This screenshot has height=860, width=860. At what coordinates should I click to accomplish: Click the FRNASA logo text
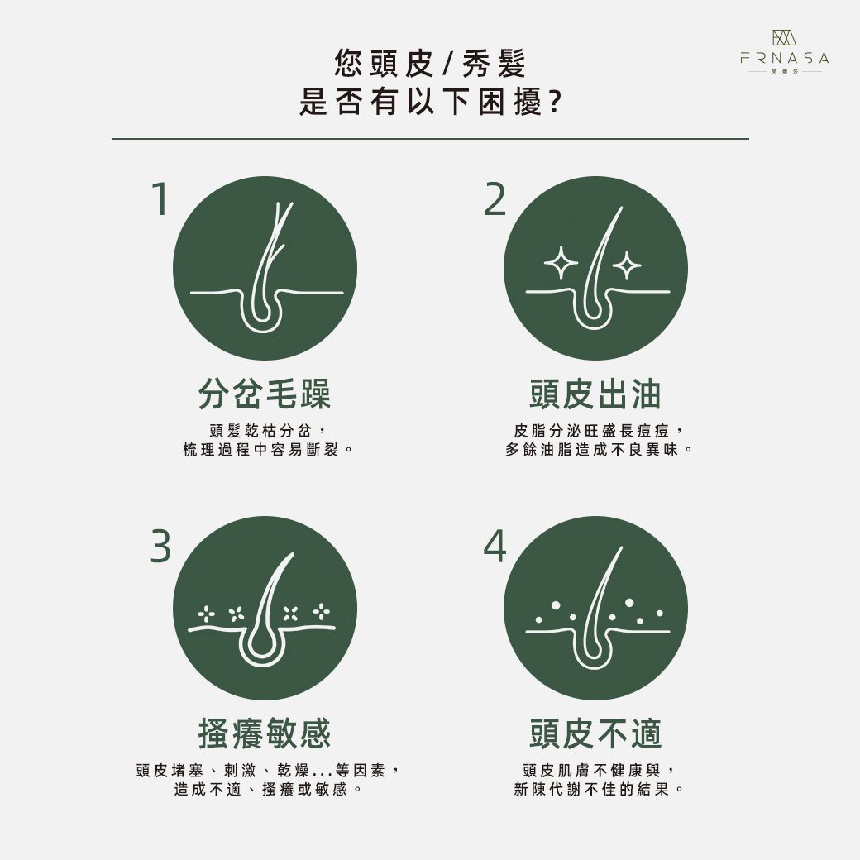click(x=784, y=58)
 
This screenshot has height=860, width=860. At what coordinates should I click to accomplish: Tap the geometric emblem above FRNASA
click(x=784, y=37)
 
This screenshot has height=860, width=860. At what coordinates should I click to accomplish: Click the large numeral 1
click(x=160, y=198)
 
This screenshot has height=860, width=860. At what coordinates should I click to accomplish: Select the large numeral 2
click(x=494, y=198)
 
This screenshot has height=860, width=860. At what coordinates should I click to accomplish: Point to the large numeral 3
click(x=160, y=546)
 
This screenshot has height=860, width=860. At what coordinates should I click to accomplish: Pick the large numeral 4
click(x=494, y=546)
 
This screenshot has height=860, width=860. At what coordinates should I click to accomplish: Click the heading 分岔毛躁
click(x=265, y=394)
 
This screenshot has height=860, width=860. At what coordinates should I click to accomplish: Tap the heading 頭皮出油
click(x=595, y=394)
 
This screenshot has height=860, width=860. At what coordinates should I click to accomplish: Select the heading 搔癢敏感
click(x=265, y=733)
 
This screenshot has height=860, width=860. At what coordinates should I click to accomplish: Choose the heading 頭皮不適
click(x=595, y=733)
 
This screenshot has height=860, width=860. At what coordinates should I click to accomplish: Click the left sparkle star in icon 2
click(x=561, y=263)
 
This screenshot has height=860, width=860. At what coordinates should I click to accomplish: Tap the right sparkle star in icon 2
click(x=626, y=266)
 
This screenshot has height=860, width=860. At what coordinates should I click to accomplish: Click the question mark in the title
click(x=555, y=102)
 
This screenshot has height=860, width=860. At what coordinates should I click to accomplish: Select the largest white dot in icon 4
click(x=629, y=603)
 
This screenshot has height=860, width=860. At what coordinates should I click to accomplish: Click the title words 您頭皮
click(x=385, y=64)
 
